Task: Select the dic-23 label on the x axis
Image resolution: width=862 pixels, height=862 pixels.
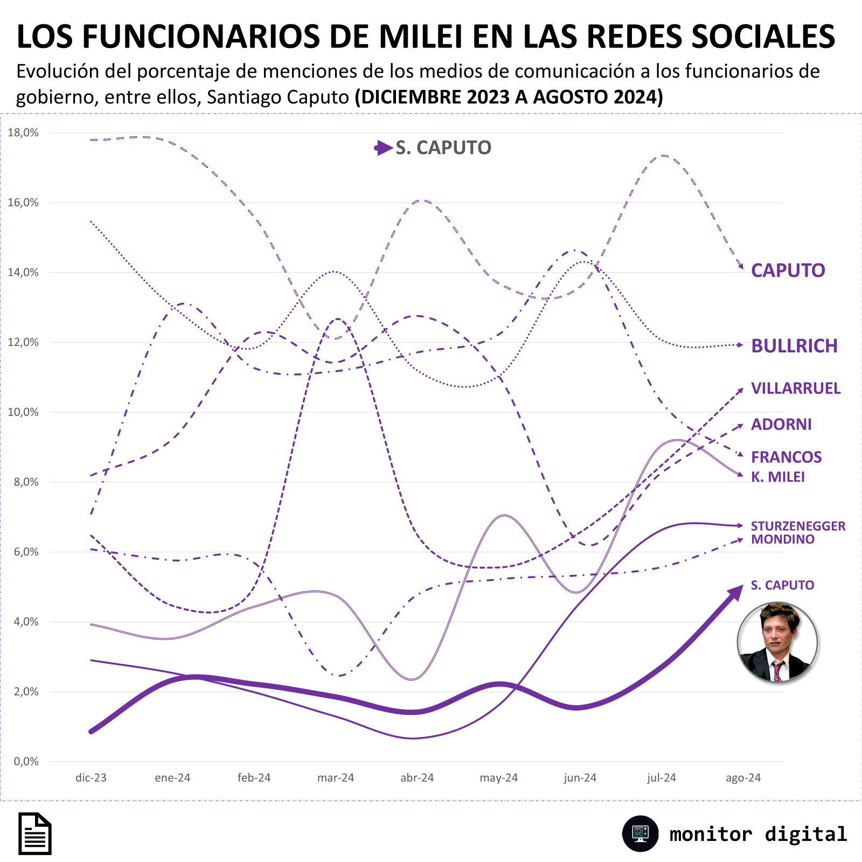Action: [91, 778]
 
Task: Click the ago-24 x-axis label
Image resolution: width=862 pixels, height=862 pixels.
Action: [743, 778]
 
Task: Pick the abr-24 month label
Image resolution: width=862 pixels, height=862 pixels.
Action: [417, 778]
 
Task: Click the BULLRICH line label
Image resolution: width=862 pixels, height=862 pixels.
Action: [795, 346]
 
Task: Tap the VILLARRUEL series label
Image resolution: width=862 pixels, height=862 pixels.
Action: [796, 388]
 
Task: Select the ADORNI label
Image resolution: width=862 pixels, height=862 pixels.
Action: [781, 425]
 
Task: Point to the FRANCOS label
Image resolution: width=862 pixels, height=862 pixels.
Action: [787, 457]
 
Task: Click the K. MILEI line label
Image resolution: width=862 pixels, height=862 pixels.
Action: [778, 477]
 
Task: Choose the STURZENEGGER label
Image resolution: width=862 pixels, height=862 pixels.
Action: [798, 526]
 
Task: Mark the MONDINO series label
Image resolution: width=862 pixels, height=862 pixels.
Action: [783, 539]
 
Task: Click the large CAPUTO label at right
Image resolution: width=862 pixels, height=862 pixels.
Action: [788, 270]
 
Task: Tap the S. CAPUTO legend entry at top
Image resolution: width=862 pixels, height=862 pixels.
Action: [433, 148]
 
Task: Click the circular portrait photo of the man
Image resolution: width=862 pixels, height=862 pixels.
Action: [777, 642]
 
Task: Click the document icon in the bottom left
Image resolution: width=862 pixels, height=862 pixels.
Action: [35, 833]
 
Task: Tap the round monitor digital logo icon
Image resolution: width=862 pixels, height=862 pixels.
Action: [640, 833]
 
